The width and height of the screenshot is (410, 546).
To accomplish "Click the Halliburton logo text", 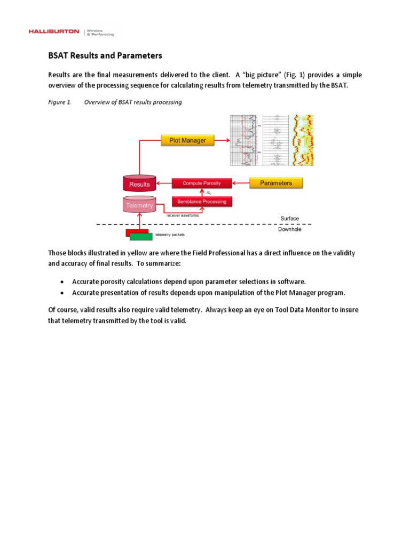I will tap(54, 32).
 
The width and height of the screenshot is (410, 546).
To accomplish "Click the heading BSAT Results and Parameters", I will tap(105, 55).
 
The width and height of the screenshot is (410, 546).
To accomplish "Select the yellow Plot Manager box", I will tap(187, 141).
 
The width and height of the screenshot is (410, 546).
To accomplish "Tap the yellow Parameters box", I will tap(275, 183).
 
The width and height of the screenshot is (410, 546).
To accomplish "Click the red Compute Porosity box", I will tap(202, 183).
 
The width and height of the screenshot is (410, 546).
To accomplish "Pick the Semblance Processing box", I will tap(202, 202).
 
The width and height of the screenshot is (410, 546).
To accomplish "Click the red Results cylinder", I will tap(139, 184).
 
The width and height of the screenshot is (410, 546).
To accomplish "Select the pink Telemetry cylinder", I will tap(139, 205).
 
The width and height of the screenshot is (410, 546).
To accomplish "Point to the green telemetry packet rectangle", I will tap(141, 236).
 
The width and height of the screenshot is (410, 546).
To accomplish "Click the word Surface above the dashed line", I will tap(290, 219).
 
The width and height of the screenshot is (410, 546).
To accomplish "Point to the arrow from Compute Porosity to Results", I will tap(164, 183).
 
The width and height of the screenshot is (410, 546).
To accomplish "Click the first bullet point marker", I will tap(62, 281).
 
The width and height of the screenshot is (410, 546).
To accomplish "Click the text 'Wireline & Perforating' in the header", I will tap(101, 33).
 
